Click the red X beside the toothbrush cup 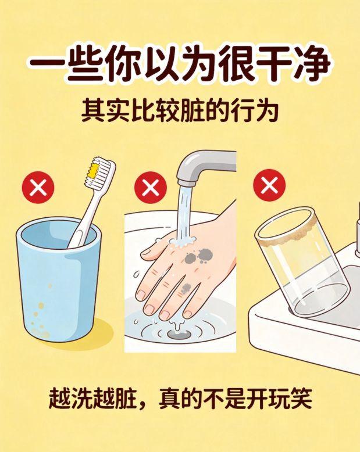(38, 188)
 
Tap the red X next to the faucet (150, 188)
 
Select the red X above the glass (269, 185)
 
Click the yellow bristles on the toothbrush (93, 170)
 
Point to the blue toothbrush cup (59, 279)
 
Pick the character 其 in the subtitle (92, 110)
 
